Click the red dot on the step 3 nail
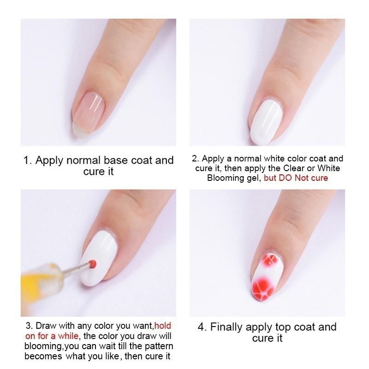(93, 263)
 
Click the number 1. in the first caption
(28, 161)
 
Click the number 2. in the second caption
(195, 159)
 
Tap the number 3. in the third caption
(28, 327)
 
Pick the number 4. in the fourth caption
(202, 327)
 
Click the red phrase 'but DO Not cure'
(296, 178)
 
